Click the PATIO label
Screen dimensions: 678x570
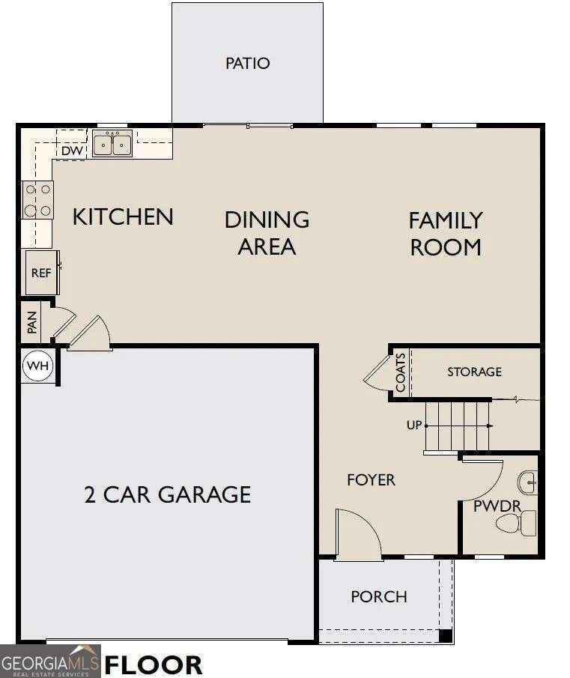pos(247,63)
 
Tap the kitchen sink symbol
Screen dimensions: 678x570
pos(112,143)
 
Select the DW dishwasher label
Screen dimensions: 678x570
pos(71,151)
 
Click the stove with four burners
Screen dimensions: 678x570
pos(38,200)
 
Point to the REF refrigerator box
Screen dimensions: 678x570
pos(41,273)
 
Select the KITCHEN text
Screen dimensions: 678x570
pos(123,217)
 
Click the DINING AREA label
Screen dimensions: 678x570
pos(267,232)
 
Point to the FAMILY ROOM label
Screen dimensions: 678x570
pos(446,234)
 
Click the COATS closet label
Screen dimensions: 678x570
pos(401,372)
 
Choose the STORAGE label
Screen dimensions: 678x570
pos(474,372)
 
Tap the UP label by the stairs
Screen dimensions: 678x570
pos(414,425)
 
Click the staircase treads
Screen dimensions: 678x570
pos(457,426)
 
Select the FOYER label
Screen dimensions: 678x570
pos(371,479)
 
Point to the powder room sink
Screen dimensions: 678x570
pos(529,482)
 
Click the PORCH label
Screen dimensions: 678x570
pos(379,596)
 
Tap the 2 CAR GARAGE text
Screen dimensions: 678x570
pos(167,494)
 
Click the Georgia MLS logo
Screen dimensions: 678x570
pos(50,662)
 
